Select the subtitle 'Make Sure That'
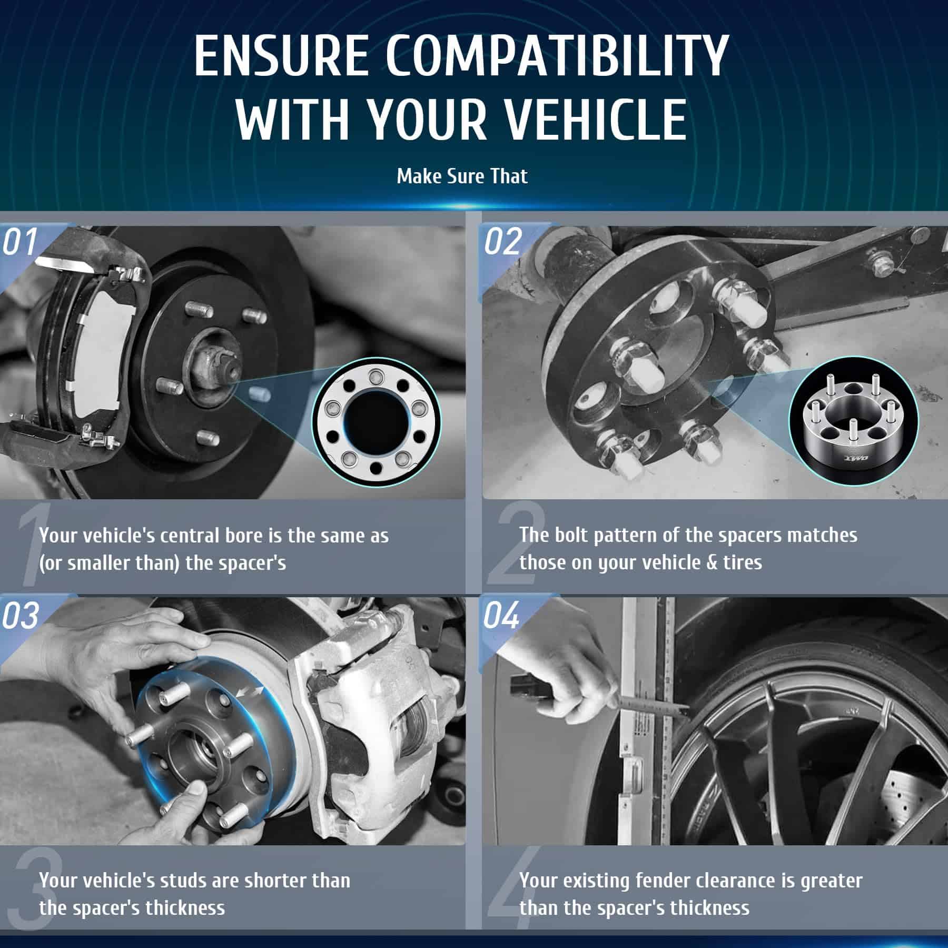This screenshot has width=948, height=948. tap(462, 176)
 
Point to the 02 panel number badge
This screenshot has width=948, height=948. tap(503, 242)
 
